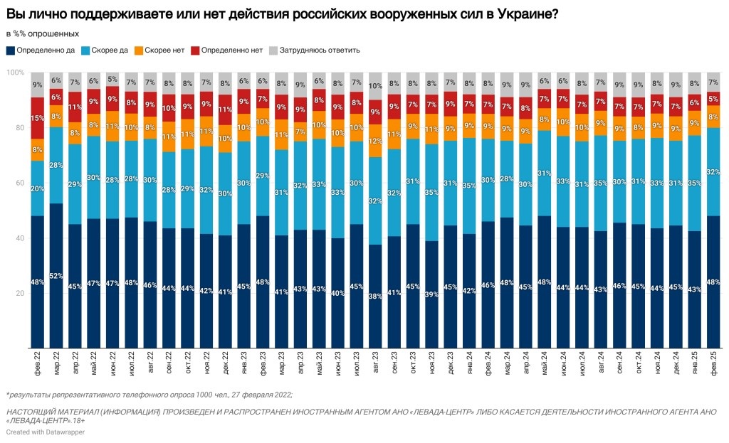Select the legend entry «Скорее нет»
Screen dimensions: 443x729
coord(164,50)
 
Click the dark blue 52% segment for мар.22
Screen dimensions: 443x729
coord(56,276)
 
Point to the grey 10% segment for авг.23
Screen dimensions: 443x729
coord(376,86)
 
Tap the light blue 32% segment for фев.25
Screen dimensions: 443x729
coord(713,171)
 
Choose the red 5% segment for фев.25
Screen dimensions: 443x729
coord(713,99)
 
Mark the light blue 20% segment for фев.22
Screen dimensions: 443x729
coord(38,188)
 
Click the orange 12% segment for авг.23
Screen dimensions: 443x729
coord(376,141)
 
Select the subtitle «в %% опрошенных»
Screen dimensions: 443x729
coord(43,33)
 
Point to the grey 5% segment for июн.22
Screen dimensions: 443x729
coord(112,79)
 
